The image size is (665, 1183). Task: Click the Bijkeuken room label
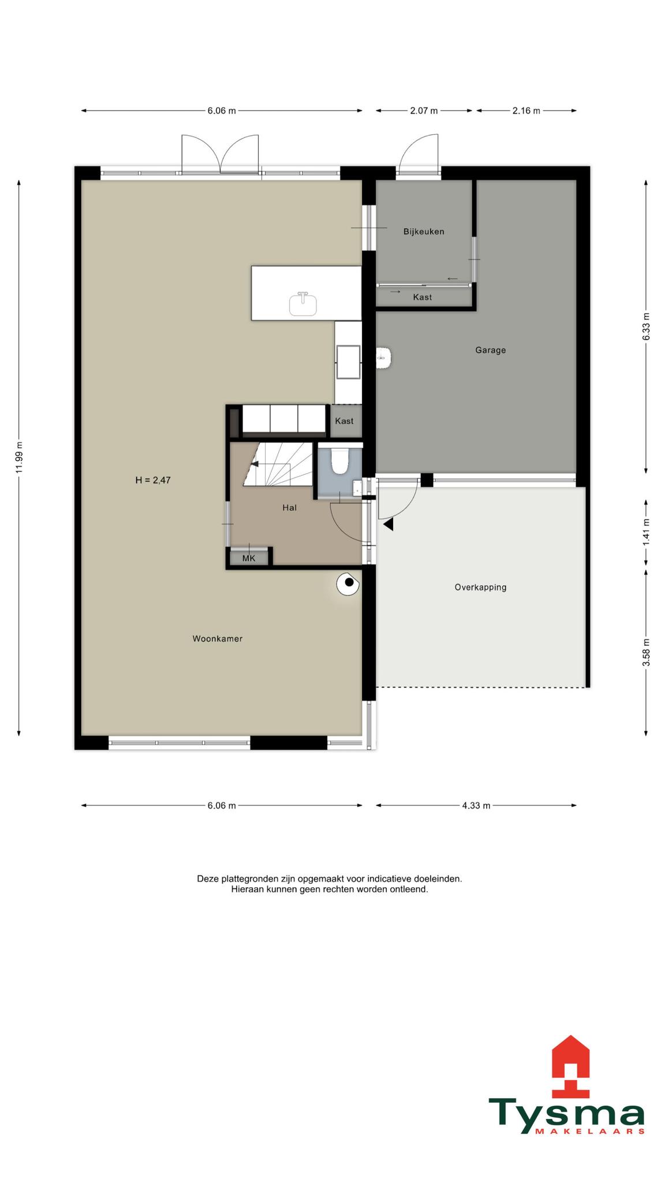coord(424,232)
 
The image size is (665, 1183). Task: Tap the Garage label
coord(491,350)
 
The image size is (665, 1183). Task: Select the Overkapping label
coord(480,587)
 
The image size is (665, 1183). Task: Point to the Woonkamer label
coord(218,639)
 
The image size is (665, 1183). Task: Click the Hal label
coord(290,508)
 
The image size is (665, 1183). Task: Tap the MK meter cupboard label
coord(249,559)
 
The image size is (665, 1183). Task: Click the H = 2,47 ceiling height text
coord(153,480)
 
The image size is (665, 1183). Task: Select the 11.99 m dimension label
coord(19,457)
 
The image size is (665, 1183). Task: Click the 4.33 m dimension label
coord(476,806)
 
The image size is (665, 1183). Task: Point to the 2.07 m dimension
coord(424,111)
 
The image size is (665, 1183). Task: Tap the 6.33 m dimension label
coord(646,326)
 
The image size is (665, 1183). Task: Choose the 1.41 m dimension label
coord(646,532)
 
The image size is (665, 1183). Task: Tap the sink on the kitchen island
coord(303,304)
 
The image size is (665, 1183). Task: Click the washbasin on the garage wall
coord(384,358)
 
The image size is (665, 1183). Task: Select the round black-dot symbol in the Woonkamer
coord(349,583)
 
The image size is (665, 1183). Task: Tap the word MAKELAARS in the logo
coord(590,1132)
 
